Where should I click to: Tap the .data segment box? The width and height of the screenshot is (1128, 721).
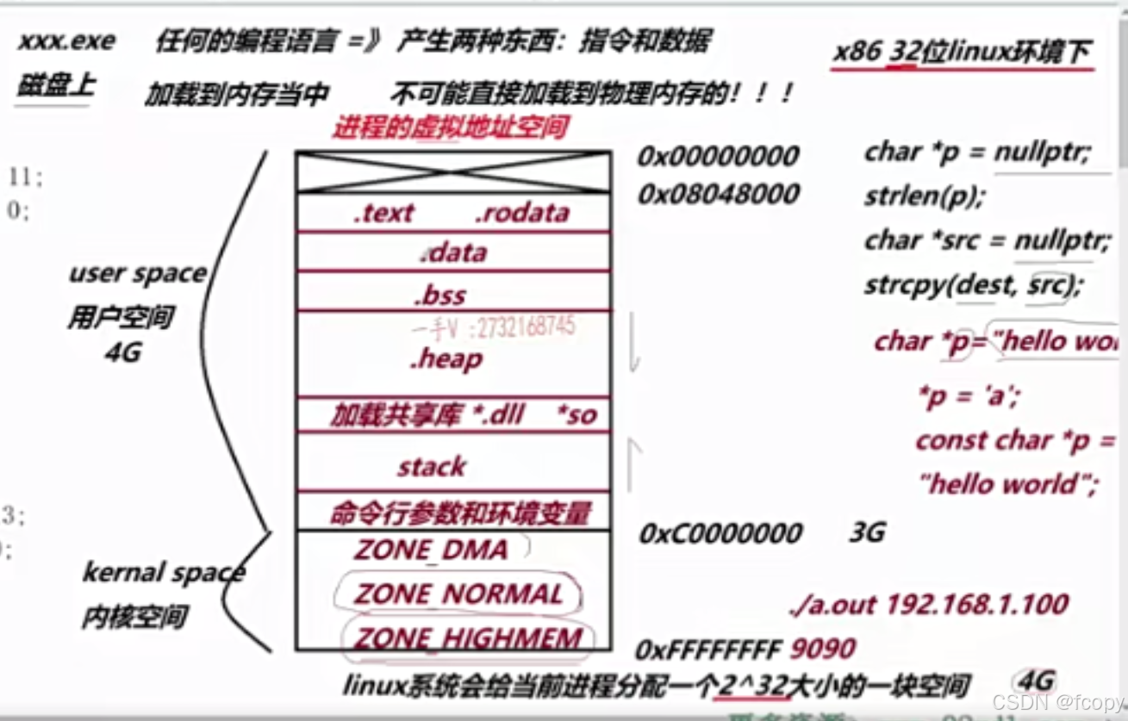(x=452, y=252)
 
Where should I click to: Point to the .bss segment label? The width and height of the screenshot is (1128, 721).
(x=439, y=295)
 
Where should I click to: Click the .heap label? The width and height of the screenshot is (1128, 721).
(x=446, y=358)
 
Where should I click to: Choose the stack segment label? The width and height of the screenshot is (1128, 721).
(x=431, y=467)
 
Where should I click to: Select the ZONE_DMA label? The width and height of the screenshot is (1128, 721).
(x=430, y=550)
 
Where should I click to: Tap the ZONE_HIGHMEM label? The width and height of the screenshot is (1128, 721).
(x=468, y=638)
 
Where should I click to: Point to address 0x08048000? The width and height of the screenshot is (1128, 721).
(x=718, y=195)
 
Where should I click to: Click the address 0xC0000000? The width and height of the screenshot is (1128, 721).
(x=720, y=533)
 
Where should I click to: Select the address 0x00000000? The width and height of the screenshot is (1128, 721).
(x=718, y=157)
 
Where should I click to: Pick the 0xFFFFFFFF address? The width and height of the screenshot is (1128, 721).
(x=707, y=649)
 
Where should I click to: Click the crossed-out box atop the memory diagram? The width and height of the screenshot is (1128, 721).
(x=452, y=171)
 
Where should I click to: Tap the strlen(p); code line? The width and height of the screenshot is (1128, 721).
(x=923, y=196)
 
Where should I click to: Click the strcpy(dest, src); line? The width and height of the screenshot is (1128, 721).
(x=972, y=285)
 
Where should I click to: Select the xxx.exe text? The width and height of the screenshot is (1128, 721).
(x=65, y=40)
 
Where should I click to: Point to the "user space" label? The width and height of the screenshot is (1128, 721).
(x=138, y=275)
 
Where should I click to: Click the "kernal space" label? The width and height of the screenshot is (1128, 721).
(x=163, y=573)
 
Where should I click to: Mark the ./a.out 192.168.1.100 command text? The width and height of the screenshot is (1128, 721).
(x=928, y=604)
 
